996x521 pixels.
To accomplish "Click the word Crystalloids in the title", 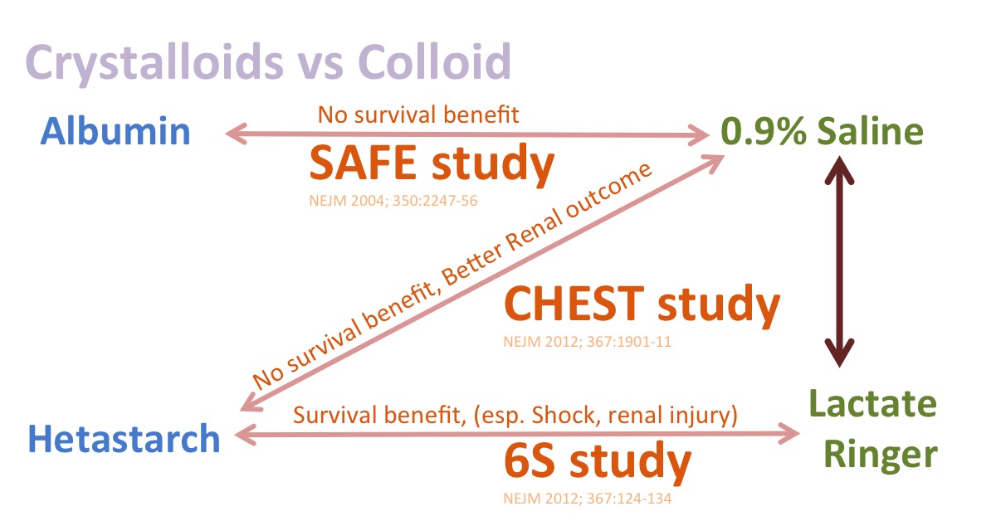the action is tap(154, 63).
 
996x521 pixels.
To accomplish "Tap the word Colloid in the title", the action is tap(434, 61).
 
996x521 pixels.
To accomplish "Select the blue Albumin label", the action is tap(115, 131).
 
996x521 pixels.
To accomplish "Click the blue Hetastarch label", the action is tap(124, 438).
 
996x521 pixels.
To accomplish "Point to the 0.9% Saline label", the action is tap(823, 131).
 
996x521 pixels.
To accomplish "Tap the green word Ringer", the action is tap(881, 455).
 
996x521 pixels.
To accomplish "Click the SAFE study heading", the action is tap(432, 164).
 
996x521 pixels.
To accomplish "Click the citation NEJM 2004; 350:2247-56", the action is tap(393, 201).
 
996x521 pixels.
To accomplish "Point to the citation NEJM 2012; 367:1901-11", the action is tap(588, 342).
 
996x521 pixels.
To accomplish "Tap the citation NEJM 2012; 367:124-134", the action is tap(588, 499).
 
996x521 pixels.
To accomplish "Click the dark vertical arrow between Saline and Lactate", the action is tap(839, 261).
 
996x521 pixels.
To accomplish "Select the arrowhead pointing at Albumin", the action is tap(236, 134).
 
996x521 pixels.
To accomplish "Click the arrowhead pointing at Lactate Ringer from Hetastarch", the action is tap(788, 434).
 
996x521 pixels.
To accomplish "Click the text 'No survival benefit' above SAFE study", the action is tap(418, 114).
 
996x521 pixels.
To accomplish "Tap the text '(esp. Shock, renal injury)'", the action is tap(606, 416).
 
